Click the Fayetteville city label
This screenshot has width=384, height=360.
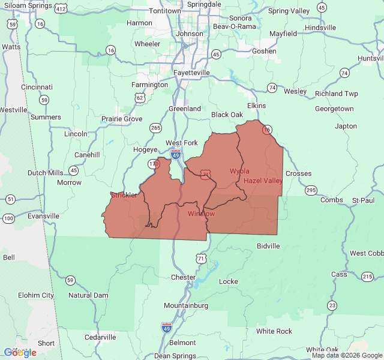(192, 73)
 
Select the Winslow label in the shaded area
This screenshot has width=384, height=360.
(201, 214)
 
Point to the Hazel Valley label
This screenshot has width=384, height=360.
(263, 181)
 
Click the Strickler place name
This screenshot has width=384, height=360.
(124, 195)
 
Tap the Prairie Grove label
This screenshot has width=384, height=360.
(122, 119)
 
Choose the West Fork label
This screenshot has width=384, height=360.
(181, 143)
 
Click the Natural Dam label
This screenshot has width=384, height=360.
(88, 295)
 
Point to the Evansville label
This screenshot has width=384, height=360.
(43, 215)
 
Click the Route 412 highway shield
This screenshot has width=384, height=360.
(61, 9)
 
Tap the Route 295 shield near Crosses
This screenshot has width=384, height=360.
(310, 190)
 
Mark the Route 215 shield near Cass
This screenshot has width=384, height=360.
(367, 276)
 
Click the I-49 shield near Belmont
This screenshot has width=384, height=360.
(166, 327)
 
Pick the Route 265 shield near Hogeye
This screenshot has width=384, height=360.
(156, 128)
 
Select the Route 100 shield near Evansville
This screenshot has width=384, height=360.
(8, 218)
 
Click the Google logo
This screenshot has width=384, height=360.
(20, 353)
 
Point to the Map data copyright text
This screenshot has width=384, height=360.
(346, 355)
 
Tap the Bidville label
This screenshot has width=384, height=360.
(268, 246)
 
